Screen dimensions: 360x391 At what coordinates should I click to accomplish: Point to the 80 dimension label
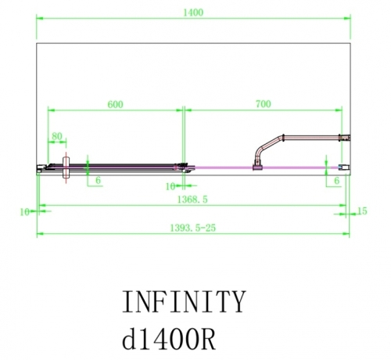[57, 136]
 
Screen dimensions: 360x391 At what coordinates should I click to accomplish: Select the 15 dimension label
[361, 211]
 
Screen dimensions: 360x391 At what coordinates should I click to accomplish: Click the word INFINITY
[185, 301]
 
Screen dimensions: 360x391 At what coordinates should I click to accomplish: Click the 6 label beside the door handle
[98, 181]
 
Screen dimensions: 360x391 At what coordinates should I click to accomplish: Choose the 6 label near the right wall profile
[335, 181]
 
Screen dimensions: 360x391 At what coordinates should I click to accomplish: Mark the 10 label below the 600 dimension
[170, 186]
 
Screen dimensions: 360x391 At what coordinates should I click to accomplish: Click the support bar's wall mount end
[341, 138]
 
